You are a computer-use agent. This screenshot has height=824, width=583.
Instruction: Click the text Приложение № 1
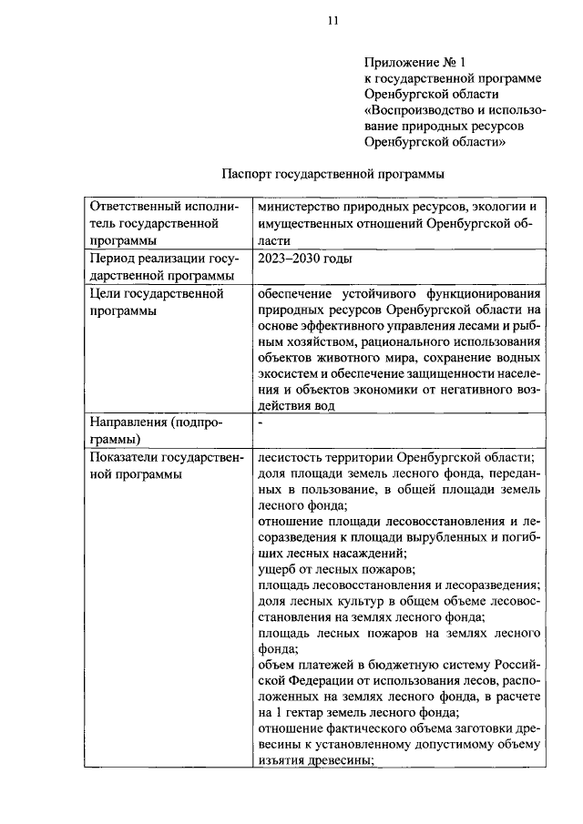click(x=414, y=63)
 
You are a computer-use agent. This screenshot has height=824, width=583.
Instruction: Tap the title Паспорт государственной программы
click(x=332, y=173)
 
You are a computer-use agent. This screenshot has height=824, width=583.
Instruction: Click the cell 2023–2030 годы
click(x=303, y=259)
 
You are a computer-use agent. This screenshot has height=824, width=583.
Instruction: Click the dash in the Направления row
click(x=261, y=423)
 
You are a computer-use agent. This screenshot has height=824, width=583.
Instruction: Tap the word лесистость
click(x=291, y=458)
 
